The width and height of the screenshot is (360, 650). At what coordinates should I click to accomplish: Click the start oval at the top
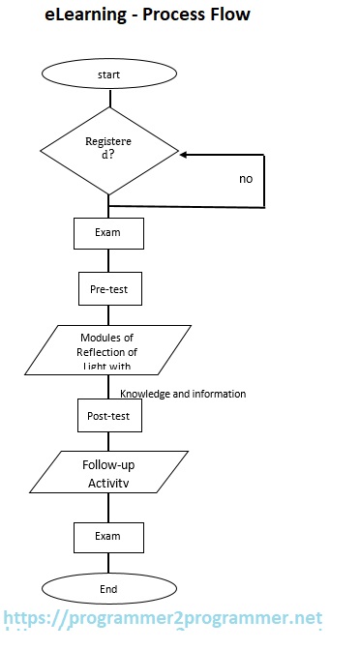(x=109, y=74)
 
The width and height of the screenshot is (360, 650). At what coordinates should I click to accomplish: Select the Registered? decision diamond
(x=109, y=152)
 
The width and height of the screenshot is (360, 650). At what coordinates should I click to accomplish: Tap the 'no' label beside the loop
(x=246, y=179)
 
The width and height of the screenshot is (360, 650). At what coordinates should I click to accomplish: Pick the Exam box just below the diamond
(x=109, y=233)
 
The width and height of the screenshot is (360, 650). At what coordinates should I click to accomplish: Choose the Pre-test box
(x=109, y=287)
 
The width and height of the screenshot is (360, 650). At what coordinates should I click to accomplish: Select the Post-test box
(x=109, y=415)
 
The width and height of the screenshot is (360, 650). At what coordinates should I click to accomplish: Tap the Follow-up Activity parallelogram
(x=107, y=473)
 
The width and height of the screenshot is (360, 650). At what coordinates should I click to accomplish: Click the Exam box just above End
(x=108, y=536)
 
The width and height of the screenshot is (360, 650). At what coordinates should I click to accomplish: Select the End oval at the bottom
(x=108, y=588)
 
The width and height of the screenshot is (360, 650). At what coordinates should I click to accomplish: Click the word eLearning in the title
(x=85, y=15)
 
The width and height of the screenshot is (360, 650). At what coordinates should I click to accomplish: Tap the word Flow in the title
(x=228, y=15)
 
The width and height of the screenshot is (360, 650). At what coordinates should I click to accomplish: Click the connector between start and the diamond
(x=109, y=100)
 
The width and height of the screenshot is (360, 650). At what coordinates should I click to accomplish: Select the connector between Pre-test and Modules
(x=109, y=314)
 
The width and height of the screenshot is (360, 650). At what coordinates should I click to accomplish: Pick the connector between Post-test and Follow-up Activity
(x=109, y=441)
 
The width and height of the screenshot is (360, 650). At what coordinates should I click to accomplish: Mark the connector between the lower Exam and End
(x=109, y=563)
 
